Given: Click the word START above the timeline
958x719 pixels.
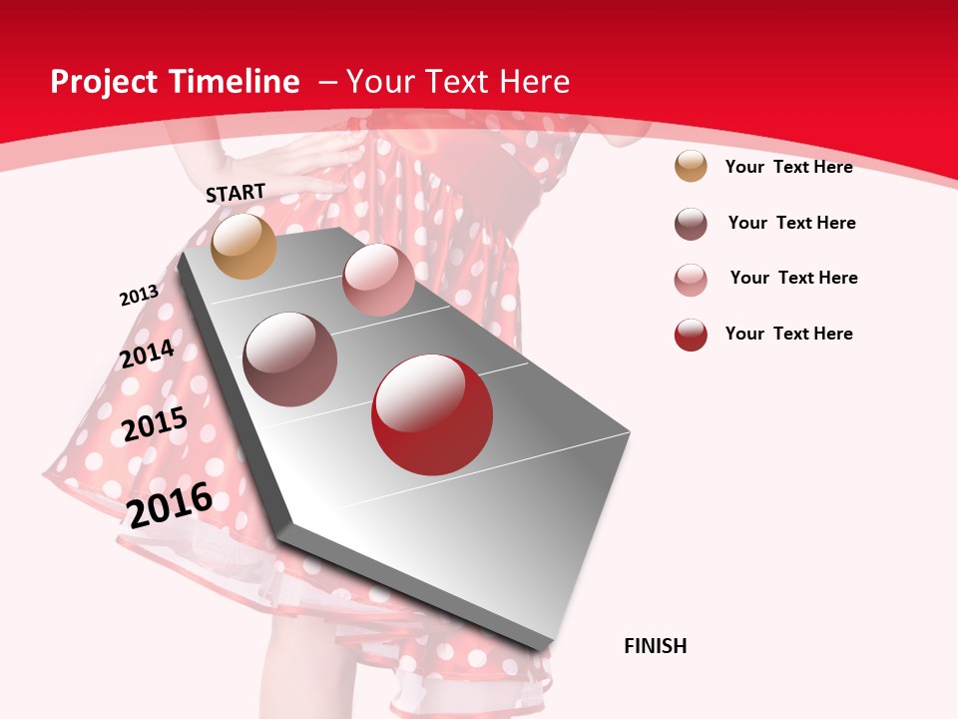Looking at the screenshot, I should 236,193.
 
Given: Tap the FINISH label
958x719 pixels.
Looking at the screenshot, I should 655,646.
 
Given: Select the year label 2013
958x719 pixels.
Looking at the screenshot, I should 139,296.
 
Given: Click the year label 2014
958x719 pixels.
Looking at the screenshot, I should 147,354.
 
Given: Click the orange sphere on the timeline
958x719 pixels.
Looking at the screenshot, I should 244,246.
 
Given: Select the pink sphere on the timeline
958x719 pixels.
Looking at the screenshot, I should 378,280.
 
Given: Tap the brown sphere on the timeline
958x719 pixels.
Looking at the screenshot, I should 290,359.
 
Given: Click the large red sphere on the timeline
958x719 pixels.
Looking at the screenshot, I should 432,414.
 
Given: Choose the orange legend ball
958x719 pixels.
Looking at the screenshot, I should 691,166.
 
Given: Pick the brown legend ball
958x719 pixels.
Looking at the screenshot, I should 691,224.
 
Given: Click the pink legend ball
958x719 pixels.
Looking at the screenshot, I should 691,280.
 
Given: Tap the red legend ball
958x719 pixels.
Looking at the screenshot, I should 691,335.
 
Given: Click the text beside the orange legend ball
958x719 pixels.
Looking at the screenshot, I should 788,167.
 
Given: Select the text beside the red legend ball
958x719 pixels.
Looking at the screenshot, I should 788,334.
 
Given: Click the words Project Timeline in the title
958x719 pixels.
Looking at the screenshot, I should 175,82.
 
